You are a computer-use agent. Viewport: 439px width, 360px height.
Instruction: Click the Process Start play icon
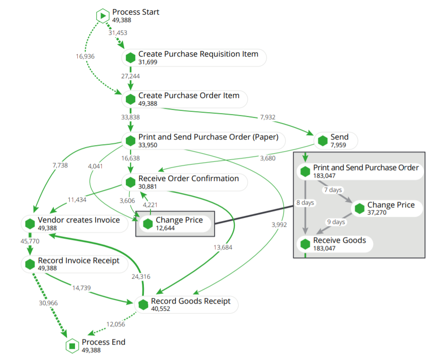tap(103, 16)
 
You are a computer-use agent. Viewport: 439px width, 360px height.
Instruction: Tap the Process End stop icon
tap(72, 346)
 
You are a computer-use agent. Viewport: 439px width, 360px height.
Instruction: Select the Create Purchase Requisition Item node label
tap(198, 54)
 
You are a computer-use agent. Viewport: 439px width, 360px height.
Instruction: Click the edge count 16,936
tap(85, 56)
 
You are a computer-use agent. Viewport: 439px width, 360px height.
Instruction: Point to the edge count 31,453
tap(118, 33)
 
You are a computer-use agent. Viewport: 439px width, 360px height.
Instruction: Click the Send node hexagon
tap(323, 140)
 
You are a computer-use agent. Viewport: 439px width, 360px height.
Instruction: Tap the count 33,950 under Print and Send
tap(148, 145)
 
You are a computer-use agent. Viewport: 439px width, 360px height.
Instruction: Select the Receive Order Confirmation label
tap(189, 179)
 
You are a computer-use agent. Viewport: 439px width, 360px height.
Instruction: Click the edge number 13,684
tap(223, 247)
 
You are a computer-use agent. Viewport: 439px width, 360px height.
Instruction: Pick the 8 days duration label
tap(306, 203)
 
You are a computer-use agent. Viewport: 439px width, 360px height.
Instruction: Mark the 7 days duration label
tap(333, 190)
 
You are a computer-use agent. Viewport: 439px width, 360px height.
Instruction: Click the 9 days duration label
tap(336, 222)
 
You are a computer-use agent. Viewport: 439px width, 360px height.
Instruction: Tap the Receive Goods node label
tap(340, 240)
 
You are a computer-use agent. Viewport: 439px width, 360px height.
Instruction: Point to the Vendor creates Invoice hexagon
tap(30, 224)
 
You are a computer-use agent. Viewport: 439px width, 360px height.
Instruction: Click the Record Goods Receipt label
tap(191, 301)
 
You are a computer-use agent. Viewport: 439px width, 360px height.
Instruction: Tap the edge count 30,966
tap(48, 303)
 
